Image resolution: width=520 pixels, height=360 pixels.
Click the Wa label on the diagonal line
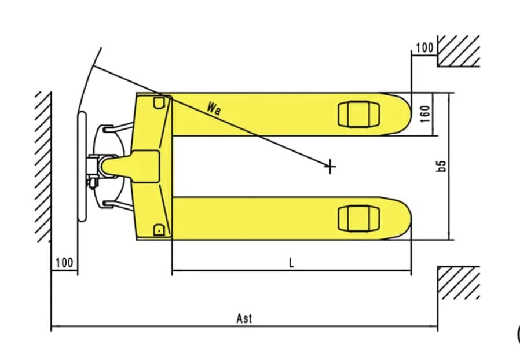(214, 108)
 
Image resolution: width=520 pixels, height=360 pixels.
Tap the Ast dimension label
(244, 318)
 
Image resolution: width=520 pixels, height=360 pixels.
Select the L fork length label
(291, 263)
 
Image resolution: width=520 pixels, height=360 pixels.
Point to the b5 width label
(441, 166)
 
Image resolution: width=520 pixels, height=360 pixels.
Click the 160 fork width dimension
(425, 114)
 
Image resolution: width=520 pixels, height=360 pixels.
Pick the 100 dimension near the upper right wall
(424, 47)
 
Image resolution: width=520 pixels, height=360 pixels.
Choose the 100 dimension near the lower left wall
(64, 263)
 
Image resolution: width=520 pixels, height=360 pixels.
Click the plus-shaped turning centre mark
(329, 167)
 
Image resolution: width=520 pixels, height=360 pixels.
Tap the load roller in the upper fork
(358, 115)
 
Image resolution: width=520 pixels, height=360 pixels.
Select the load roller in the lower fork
(358, 218)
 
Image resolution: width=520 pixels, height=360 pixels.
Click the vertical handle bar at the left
(82, 167)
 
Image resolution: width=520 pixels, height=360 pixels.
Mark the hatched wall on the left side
(43, 167)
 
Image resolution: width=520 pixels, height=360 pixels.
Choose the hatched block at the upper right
(458, 51)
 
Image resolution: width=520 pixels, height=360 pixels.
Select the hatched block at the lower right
(458, 282)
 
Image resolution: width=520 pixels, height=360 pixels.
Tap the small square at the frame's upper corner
(159, 102)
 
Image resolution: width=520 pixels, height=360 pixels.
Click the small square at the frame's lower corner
(159, 230)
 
